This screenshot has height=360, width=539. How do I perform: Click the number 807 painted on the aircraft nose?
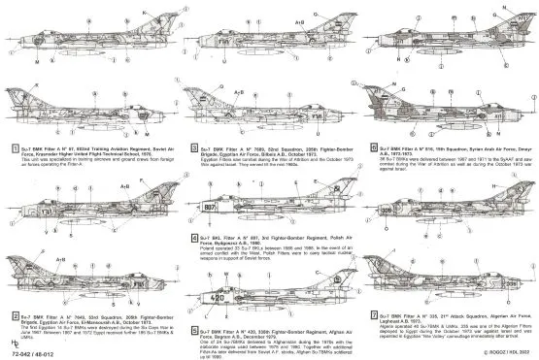[209, 206]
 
